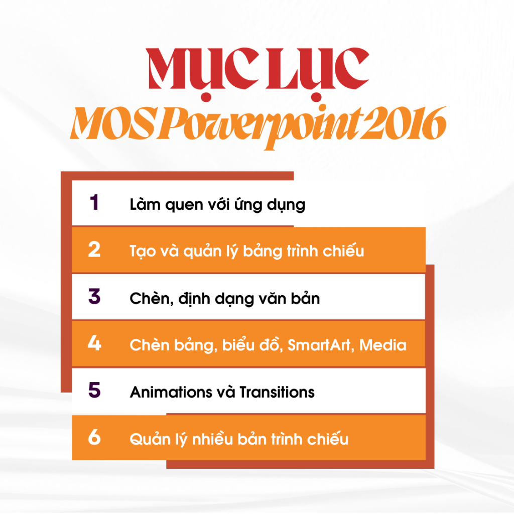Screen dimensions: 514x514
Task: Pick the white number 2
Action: (94, 249)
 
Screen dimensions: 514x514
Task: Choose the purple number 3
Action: (94, 296)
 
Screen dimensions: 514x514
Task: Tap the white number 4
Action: (94, 343)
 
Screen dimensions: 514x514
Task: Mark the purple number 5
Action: (94, 390)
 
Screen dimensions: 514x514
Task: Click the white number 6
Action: (94, 437)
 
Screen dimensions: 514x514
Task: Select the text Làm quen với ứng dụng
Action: (217, 205)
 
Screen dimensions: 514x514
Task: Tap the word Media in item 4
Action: (382, 345)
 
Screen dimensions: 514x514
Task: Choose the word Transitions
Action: (277, 392)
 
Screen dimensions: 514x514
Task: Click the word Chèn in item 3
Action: (150, 298)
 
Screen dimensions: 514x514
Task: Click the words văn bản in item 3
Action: (289, 298)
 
